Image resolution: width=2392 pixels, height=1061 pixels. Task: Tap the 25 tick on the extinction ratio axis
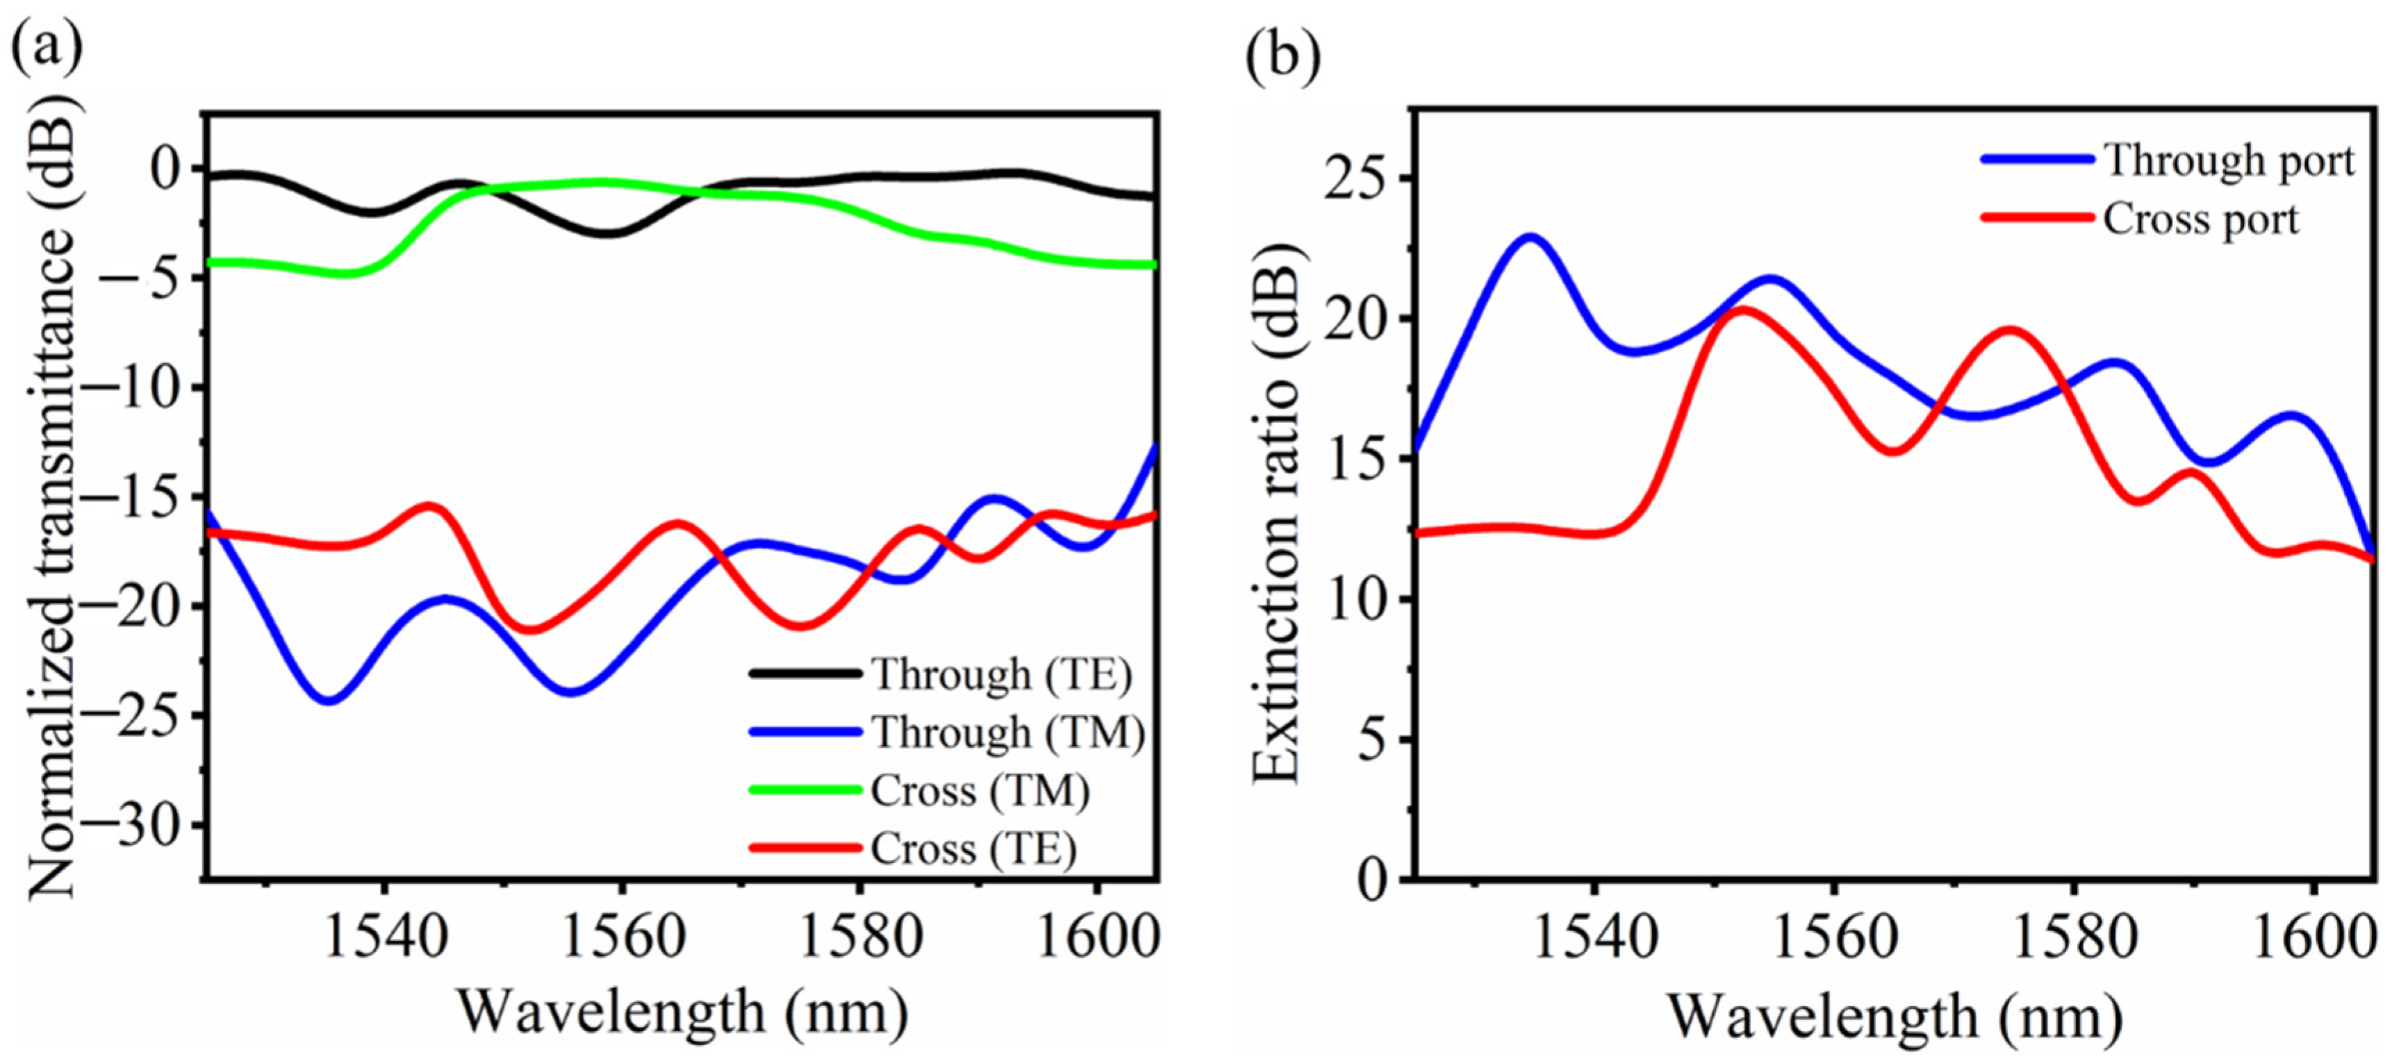[x=1360, y=178]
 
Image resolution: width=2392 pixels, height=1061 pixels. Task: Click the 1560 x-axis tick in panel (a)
[x=624, y=937]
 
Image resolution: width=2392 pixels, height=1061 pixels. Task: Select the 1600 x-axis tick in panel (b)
[x=2316, y=937]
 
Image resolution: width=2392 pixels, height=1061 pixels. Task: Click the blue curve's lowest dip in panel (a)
[x=329, y=701]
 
